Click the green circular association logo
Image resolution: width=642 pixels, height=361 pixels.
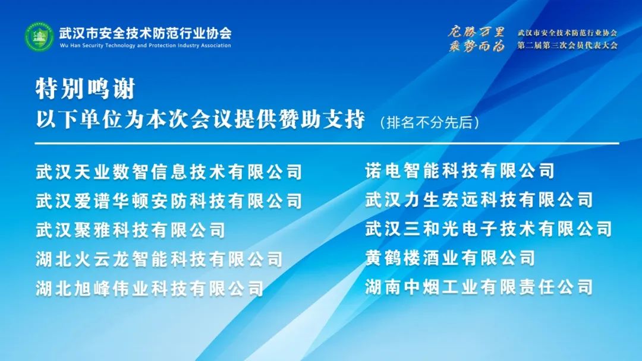[x=39, y=37]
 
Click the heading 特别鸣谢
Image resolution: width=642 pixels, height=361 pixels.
[x=85, y=88]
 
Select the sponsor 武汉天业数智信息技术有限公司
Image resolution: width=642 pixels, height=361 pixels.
[x=169, y=172]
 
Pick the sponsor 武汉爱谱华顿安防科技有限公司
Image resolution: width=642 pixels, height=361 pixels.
[x=169, y=201]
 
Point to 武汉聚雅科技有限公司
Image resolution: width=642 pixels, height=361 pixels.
[x=130, y=230]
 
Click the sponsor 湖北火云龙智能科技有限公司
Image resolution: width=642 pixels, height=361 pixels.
[x=159, y=259]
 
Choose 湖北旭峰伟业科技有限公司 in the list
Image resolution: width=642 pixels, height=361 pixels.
[x=149, y=289]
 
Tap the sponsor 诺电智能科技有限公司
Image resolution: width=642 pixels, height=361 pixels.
[x=460, y=171]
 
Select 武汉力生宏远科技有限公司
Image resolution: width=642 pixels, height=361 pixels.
[x=479, y=200]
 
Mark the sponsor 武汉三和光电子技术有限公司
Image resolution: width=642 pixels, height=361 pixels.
[x=489, y=229]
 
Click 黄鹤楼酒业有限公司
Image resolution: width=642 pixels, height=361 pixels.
[x=450, y=258]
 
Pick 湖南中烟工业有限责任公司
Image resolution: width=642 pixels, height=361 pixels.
[x=479, y=287]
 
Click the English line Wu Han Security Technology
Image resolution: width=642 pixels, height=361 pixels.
[x=146, y=45]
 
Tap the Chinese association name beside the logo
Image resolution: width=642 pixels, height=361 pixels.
[x=146, y=33]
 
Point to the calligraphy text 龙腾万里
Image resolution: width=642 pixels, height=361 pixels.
[x=476, y=31]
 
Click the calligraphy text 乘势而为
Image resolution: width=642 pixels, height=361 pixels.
[x=476, y=46]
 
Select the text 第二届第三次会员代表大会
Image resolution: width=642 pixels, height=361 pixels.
[x=568, y=45]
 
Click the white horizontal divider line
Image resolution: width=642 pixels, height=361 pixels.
[x=327, y=144]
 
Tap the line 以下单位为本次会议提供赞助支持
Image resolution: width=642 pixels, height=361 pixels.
[x=200, y=120]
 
